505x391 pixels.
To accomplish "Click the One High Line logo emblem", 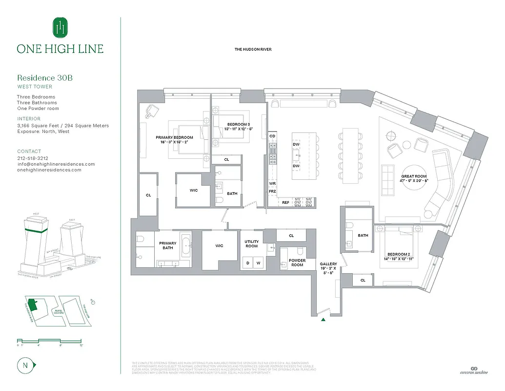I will pyautogui.click(x=60, y=27).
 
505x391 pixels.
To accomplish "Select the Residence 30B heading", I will pyautogui.click(x=45, y=78).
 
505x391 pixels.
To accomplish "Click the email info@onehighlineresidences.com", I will pyautogui.click(x=56, y=164).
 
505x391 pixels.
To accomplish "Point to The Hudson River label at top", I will pyautogui.click(x=253, y=49).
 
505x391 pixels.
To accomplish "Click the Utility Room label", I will pyautogui.click(x=251, y=244).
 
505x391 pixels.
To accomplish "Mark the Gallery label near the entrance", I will pyautogui.click(x=328, y=264).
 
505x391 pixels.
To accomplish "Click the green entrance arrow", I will pyautogui.click(x=323, y=320).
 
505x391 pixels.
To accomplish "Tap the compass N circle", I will pyautogui.click(x=24, y=365).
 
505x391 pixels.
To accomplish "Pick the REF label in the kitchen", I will pyautogui.click(x=285, y=202).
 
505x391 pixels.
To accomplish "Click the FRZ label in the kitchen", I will pyautogui.click(x=272, y=191).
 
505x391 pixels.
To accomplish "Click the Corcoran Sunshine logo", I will pyautogui.click(x=473, y=371).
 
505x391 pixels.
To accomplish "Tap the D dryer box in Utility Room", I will pyautogui.click(x=248, y=263).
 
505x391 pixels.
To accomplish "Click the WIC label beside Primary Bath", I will pyautogui.click(x=219, y=246).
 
